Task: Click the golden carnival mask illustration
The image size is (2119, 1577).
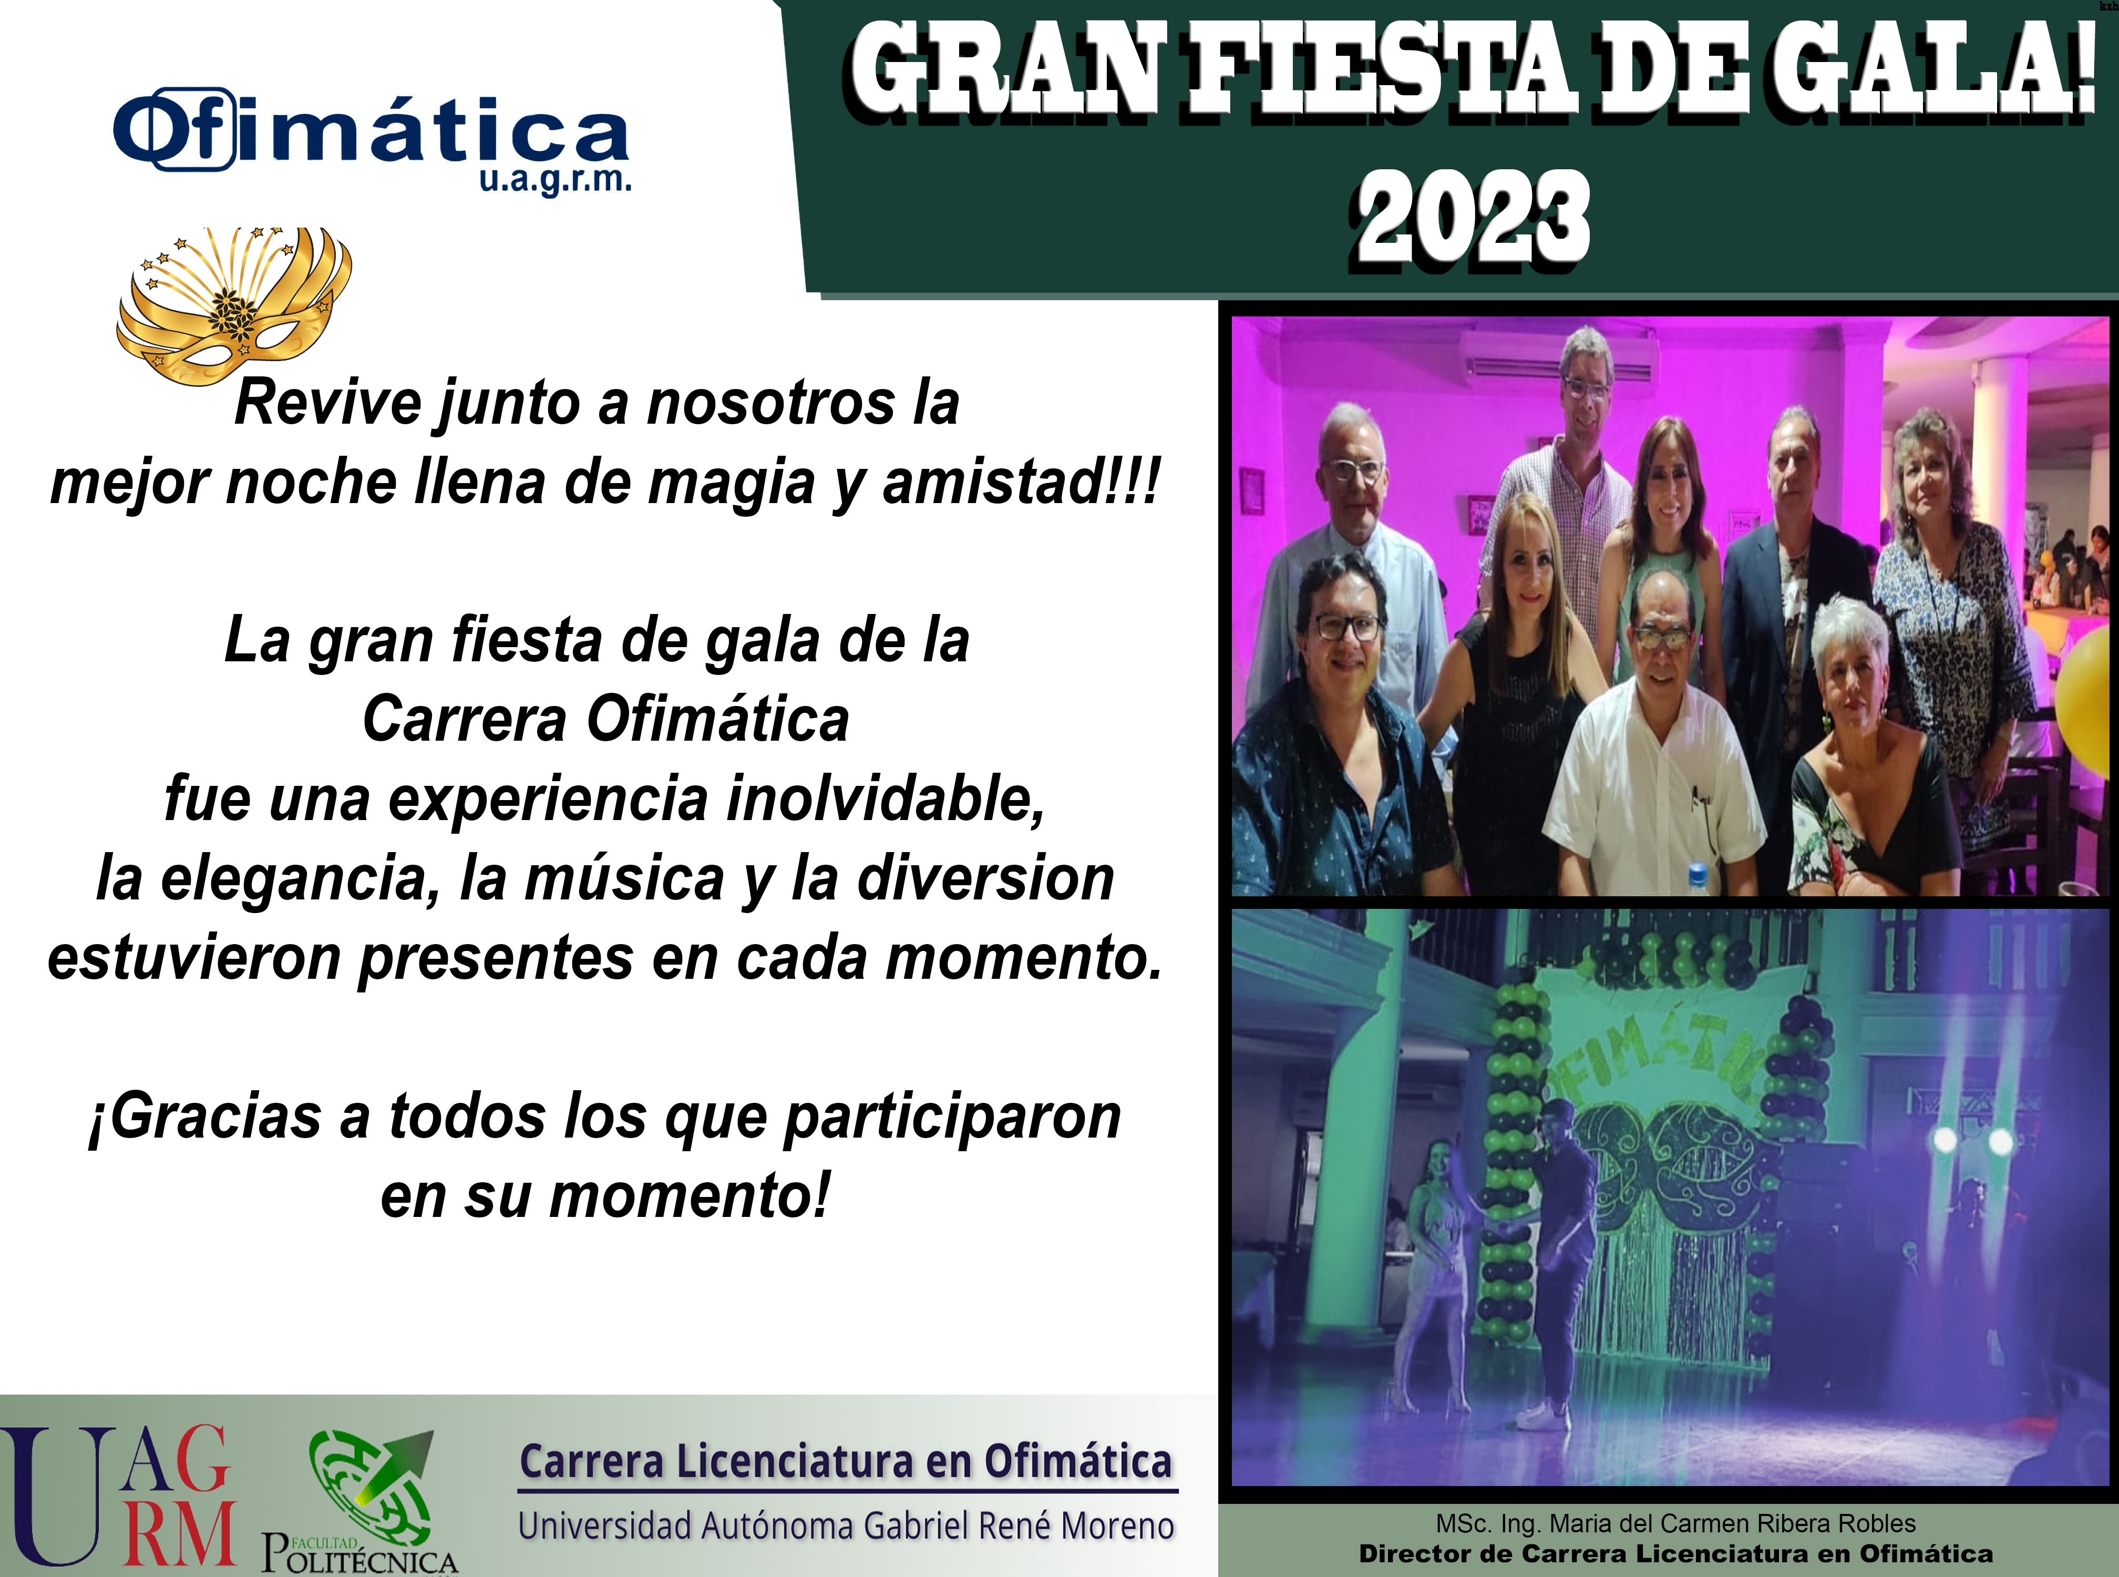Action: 234,305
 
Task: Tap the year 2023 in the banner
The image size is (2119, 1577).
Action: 1473,218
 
